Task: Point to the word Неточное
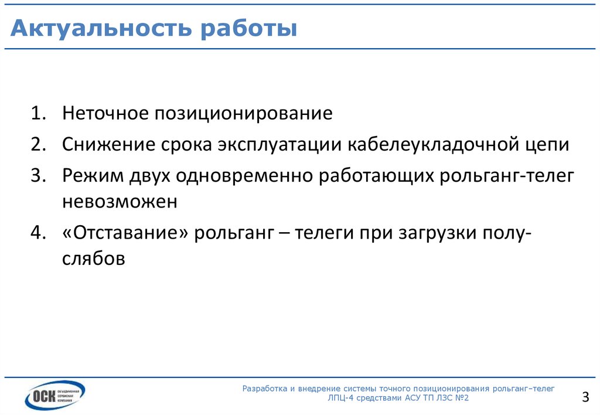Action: coord(105,113)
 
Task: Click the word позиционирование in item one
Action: coord(243,113)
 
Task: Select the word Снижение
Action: coord(105,145)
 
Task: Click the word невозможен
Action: coord(120,202)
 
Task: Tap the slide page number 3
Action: coord(585,397)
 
